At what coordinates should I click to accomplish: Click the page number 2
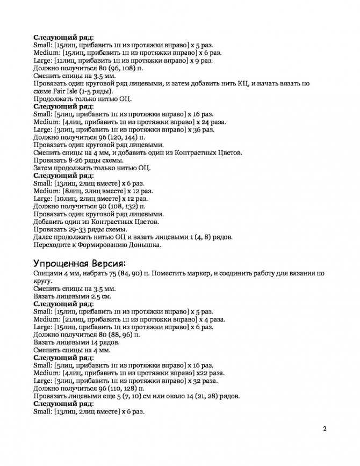(325, 429)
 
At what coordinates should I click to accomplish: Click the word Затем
(44, 168)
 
